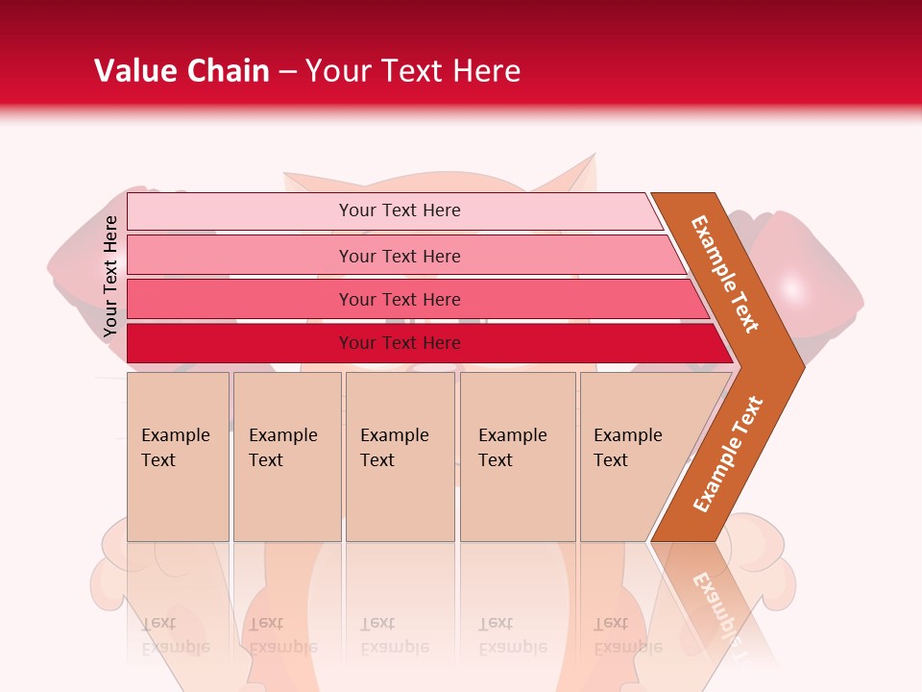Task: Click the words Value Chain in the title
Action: [182, 71]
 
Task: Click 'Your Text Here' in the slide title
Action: [413, 71]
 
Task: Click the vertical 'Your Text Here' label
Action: [110, 276]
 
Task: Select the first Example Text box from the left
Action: [178, 457]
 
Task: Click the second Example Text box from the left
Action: [286, 457]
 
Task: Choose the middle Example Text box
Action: [400, 457]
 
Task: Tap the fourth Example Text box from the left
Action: [518, 457]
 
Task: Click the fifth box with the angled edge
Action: [634, 457]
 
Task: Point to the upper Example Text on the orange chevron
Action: [724, 274]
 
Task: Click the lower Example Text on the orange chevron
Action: [727, 454]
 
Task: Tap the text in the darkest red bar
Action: [400, 343]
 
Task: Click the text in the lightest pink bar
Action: [400, 210]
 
